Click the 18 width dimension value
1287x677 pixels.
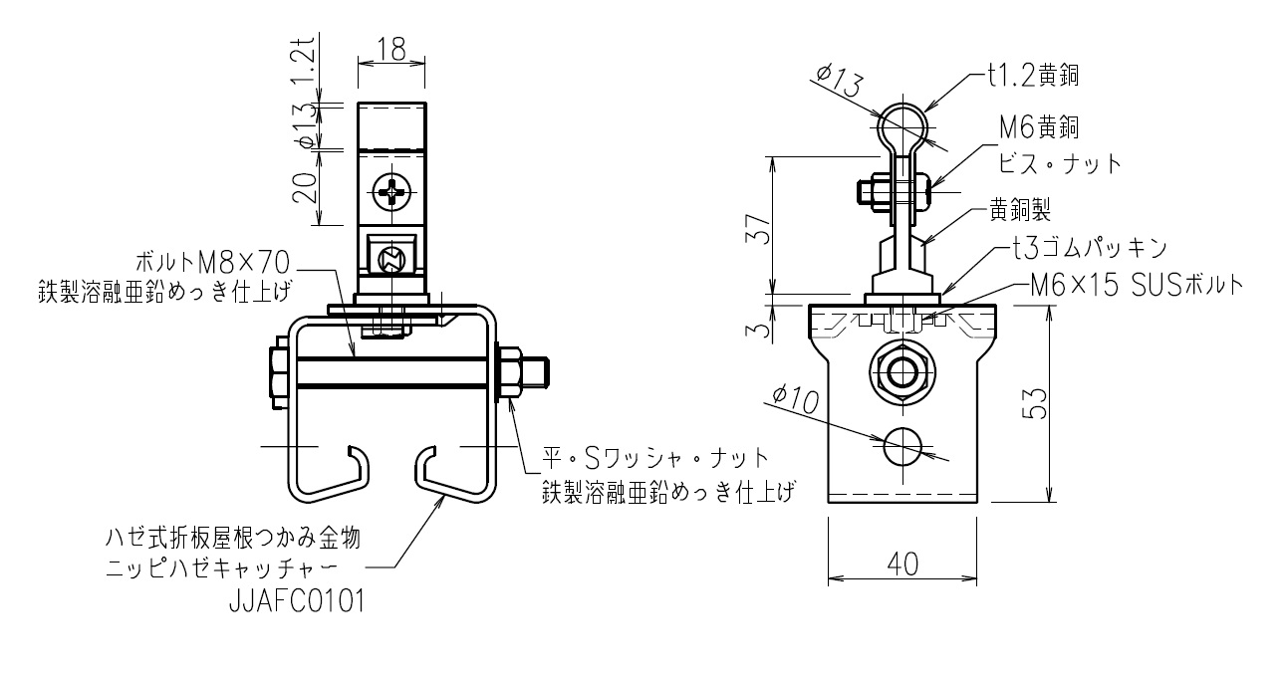[x=391, y=49]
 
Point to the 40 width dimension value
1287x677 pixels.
[x=902, y=564]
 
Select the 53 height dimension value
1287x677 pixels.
[x=1035, y=403]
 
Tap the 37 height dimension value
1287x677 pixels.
[x=758, y=229]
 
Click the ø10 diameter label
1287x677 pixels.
[x=796, y=399]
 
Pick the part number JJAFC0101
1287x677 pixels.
[x=297, y=601]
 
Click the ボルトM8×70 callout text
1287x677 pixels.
[x=212, y=263]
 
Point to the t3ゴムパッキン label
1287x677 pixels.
[x=1090, y=249]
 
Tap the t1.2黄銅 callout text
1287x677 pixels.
[x=1033, y=76]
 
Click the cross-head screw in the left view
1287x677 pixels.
[x=392, y=192]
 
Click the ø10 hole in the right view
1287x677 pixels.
[x=902, y=446]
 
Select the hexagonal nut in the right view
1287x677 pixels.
[x=902, y=372]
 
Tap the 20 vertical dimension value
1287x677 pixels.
[x=305, y=188]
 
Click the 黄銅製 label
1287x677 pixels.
[x=1020, y=210]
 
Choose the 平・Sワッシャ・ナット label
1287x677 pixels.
[x=655, y=459]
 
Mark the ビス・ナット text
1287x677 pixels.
[x=1060, y=164]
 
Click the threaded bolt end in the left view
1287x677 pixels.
[x=536, y=372]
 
